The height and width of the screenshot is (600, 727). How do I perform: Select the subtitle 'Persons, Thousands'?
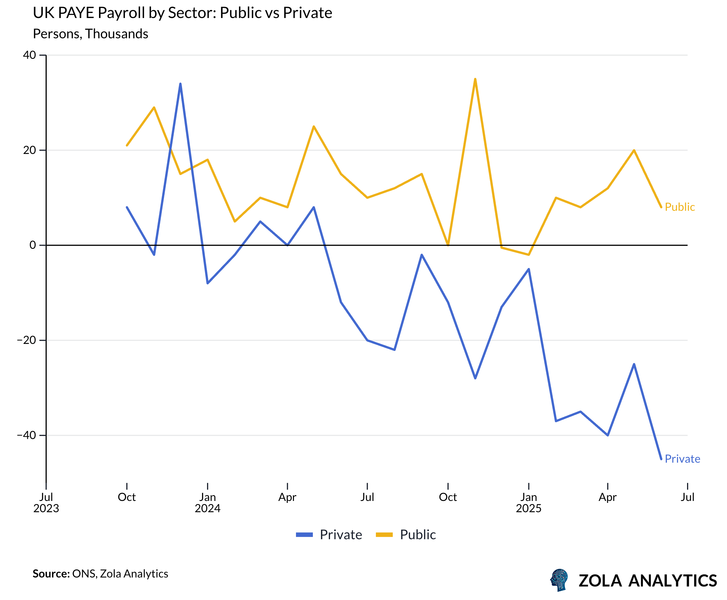tap(91, 34)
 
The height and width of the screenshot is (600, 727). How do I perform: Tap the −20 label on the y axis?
tap(27, 340)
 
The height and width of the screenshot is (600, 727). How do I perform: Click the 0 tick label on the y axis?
tap(33, 245)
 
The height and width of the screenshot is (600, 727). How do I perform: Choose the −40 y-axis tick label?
tap(27, 435)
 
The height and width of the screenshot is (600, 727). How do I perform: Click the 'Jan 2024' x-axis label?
tap(207, 503)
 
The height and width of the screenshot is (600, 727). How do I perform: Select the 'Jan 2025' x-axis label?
tap(528, 503)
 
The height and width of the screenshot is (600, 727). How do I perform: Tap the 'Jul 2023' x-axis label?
tap(46, 503)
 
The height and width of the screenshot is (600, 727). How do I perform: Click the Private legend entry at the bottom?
tap(329, 535)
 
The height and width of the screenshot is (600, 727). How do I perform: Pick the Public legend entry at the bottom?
tap(406, 535)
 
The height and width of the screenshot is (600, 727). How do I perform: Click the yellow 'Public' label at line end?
tap(679, 207)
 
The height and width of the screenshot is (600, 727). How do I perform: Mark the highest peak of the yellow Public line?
tap(475, 79)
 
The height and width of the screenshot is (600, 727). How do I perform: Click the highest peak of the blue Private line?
tap(180, 84)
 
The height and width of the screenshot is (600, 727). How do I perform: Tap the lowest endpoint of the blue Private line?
tap(661, 459)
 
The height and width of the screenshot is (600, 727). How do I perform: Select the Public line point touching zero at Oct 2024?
tap(448, 245)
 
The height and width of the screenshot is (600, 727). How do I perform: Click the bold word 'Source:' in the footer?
tap(51, 574)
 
